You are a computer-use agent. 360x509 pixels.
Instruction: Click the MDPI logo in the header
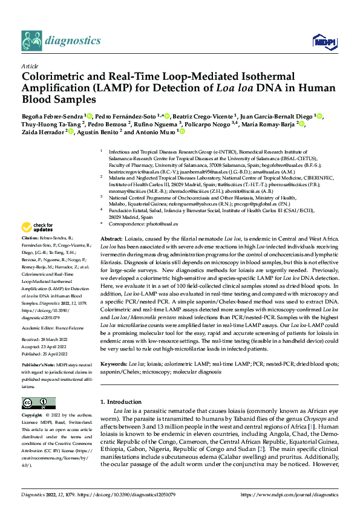[x=321, y=41]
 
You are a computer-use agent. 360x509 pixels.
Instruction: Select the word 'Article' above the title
[x=30, y=66]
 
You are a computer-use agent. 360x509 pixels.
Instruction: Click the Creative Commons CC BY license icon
[x=38, y=403]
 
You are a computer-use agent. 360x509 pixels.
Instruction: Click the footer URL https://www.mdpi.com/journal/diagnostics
[x=290, y=494]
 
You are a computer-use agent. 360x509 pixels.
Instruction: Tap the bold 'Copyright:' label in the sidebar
[x=33, y=415]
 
